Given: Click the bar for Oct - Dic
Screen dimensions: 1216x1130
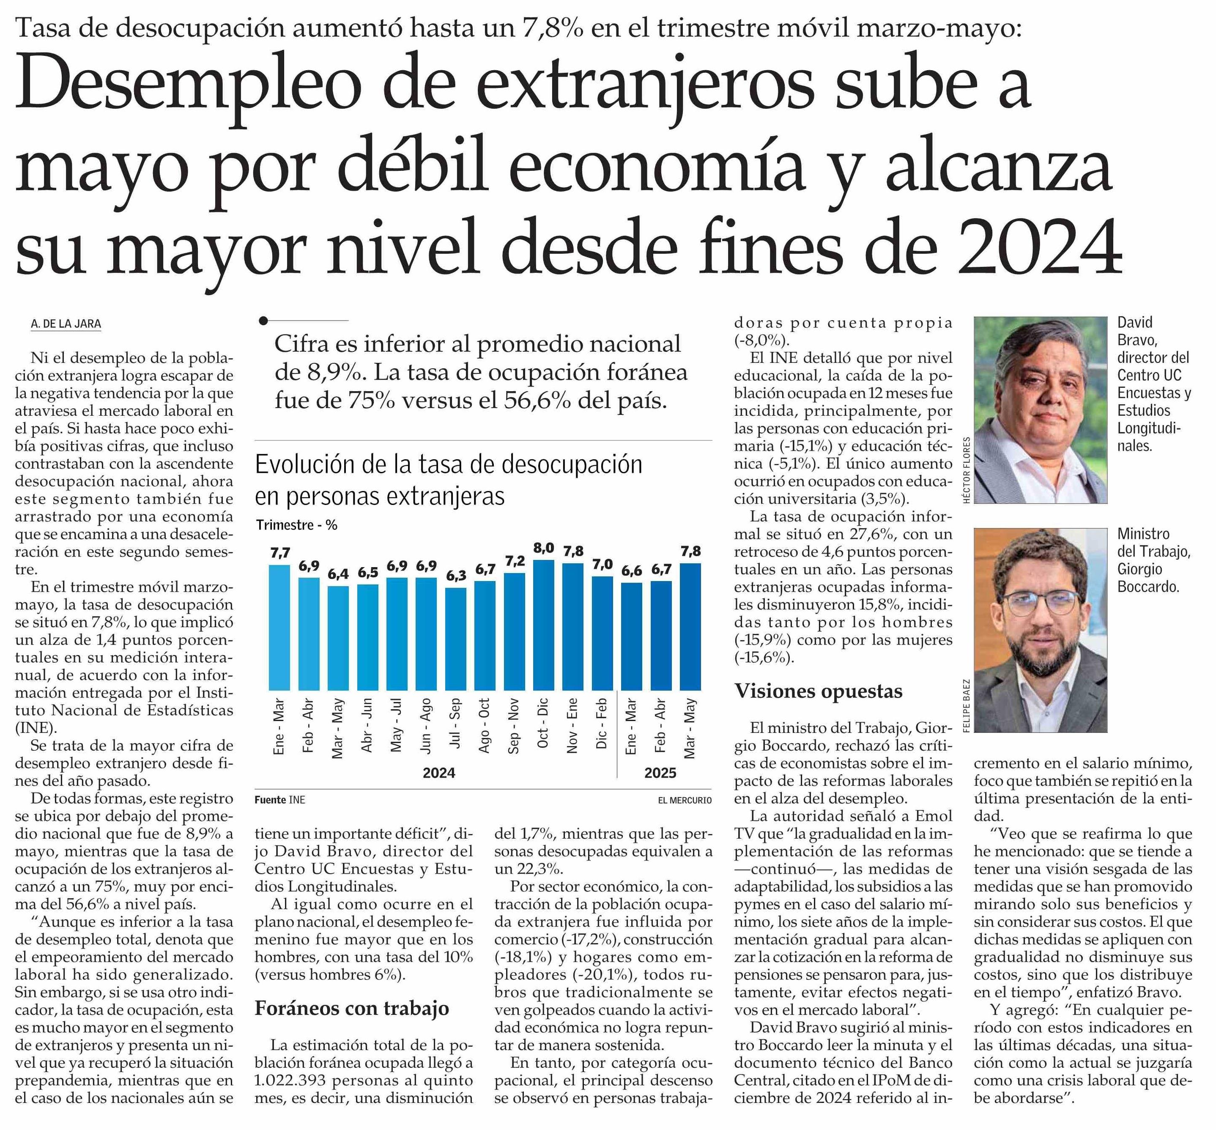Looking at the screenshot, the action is click(543, 625).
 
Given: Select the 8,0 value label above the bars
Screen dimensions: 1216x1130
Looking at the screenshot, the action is click(543, 548).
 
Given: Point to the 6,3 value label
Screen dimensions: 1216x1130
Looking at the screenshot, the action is click(455, 576).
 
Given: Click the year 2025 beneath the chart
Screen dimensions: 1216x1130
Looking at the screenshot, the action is click(660, 773).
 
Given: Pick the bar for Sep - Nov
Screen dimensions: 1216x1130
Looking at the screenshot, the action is click(514, 632).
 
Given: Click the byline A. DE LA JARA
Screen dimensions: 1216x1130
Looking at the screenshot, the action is click(66, 324).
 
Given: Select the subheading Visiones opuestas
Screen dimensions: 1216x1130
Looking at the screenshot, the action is click(818, 691).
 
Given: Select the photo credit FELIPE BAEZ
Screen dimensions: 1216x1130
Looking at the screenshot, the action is click(967, 705).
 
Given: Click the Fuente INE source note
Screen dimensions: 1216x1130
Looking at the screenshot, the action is click(280, 800).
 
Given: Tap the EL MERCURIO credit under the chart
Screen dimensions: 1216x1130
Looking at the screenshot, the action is click(685, 800).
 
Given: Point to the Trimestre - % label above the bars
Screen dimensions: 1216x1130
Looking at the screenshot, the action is click(296, 525).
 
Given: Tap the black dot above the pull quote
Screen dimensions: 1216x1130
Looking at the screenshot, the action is click(263, 321).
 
